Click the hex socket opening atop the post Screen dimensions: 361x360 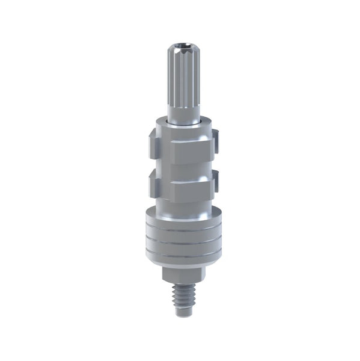pyautogui.click(x=183, y=46)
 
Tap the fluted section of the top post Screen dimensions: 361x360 pyautogui.click(x=182, y=78)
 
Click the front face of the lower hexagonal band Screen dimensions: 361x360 pyautogui.click(x=182, y=190)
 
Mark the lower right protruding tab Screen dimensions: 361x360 pyautogui.click(x=215, y=179)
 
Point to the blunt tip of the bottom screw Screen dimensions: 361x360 pyautogui.click(x=182, y=313)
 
